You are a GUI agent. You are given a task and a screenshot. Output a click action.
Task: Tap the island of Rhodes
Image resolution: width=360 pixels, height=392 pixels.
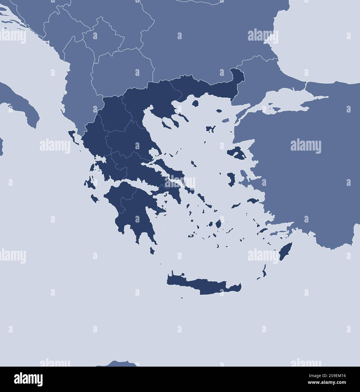pyautogui.click(x=285, y=252)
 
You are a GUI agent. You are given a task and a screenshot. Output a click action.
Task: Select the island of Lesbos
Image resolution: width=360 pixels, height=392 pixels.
pyautogui.click(x=236, y=153)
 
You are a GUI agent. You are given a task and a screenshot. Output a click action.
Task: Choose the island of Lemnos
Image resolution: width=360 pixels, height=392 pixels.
pyautogui.click(x=210, y=129)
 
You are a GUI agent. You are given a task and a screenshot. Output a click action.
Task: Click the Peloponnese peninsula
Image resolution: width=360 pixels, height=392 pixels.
pyautogui.click(x=132, y=209)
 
